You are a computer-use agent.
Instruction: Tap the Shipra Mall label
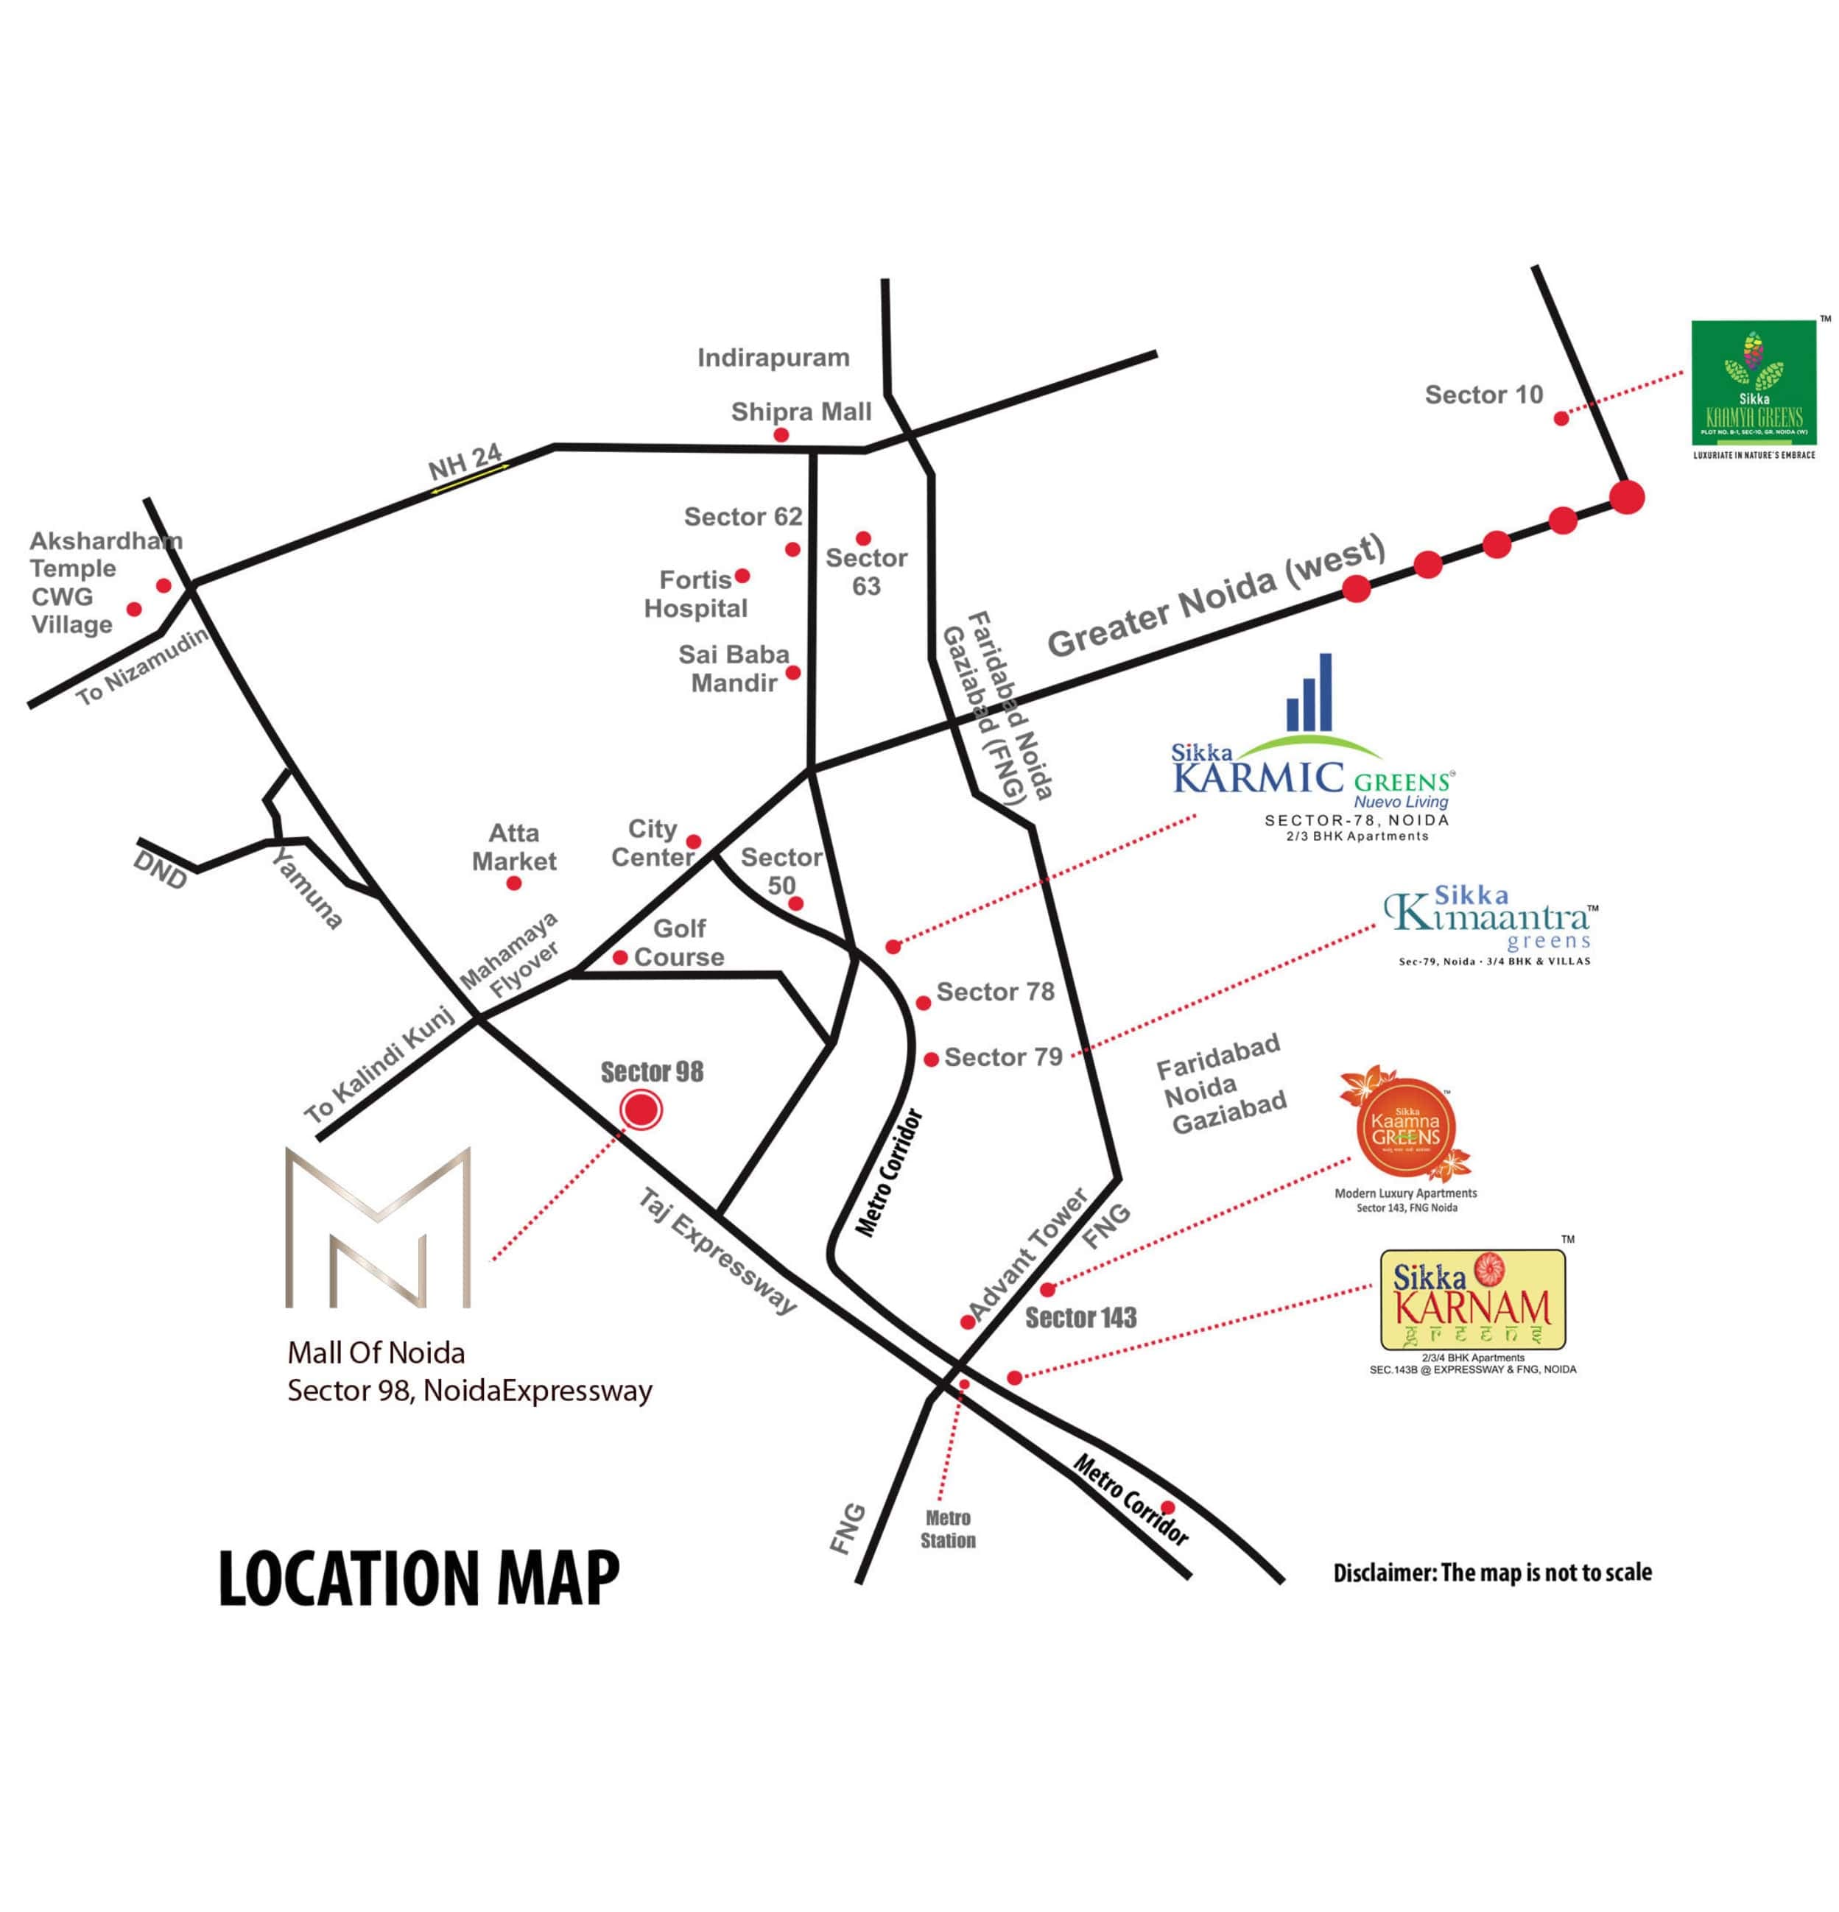pyautogui.click(x=801, y=412)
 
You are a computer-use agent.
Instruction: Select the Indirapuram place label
pyautogui.click(x=773, y=358)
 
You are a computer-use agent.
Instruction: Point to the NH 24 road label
pyautogui.click(x=465, y=462)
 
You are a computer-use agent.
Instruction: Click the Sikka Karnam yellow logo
pyautogui.click(x=1471, y=1299)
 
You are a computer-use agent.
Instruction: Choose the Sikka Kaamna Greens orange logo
pyautogui.click(x=1405, y=1126)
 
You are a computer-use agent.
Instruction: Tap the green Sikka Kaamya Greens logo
pyautogui.click(x=1753, y=384)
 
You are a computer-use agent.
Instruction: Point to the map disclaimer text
pyautogui.click(x=1491, y=1572)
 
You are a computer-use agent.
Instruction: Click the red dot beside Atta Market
pyautogui.click(x=514, y=883)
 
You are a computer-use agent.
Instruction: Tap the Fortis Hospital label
pyautogui.click(x=695, y=594)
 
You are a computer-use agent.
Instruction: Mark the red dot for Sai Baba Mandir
pyautogui.click(x=793, y=672)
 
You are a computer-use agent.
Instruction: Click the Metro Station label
pyautogui.click(x=947, y=1528)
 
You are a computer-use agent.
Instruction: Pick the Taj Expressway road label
pyautogui.click(x=717, y=1251)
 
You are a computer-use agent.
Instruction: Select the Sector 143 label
pyautogui.click(x=1080, y=1318)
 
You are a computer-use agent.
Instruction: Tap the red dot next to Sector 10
pyautogui.click(x=1561, y=418)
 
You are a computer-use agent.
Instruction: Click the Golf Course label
pyautogui.click(x=679, y=942)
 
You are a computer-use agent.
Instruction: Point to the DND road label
pyautogui.click(x=160, y=870)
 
